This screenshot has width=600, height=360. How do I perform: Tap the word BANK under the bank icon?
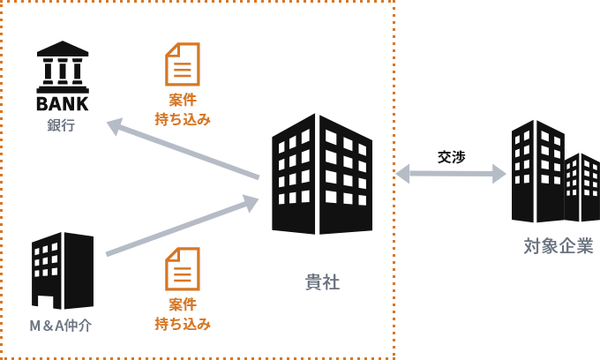(62, 104)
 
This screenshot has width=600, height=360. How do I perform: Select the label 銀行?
(62, 125)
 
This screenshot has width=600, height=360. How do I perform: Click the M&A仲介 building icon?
(62, 269)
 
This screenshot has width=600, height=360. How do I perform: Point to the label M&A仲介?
(61, 325)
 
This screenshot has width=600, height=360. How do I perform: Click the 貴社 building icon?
(321, 175)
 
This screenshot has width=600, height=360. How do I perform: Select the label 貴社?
(322, 282)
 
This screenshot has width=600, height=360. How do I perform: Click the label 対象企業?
(558, 246)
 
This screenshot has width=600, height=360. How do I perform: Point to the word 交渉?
(451, 156)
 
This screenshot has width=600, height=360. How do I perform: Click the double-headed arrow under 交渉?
(451, 174)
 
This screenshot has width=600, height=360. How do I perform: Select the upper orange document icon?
(183, 64)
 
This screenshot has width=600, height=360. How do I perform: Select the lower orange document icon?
(183, 269)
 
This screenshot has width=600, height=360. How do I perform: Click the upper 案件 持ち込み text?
(183, 109)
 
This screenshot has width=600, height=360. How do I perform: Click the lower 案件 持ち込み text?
(183, 314)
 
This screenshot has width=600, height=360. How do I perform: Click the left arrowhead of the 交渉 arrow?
(402, 174)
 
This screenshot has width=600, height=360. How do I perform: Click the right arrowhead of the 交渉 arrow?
(499, 174)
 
